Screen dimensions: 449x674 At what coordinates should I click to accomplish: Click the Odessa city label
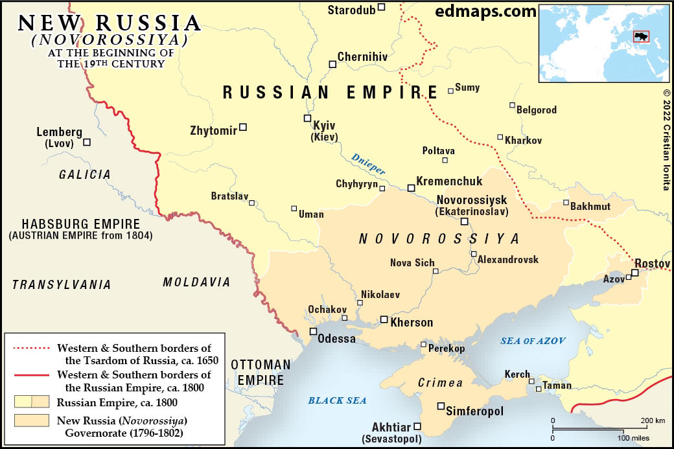336,339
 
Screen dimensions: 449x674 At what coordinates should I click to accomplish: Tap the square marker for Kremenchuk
411,188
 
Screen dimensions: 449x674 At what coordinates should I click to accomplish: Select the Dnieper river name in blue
369,163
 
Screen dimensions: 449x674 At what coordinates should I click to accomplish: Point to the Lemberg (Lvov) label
60,137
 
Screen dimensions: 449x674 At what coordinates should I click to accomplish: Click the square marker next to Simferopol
441,406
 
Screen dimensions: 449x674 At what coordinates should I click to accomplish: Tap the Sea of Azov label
533,341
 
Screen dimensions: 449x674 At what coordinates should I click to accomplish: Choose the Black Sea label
337,400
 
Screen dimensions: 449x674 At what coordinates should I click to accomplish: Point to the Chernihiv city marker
332,64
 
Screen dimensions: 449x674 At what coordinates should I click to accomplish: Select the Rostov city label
652,263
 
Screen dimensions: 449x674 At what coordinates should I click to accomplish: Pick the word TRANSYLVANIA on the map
62,284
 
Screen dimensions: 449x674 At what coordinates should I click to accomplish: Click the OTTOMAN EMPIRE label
261,372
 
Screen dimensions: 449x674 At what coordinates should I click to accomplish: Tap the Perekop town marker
424,345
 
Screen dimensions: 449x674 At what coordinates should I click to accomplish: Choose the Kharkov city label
523,140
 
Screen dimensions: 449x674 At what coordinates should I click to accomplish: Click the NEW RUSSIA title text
110,23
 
